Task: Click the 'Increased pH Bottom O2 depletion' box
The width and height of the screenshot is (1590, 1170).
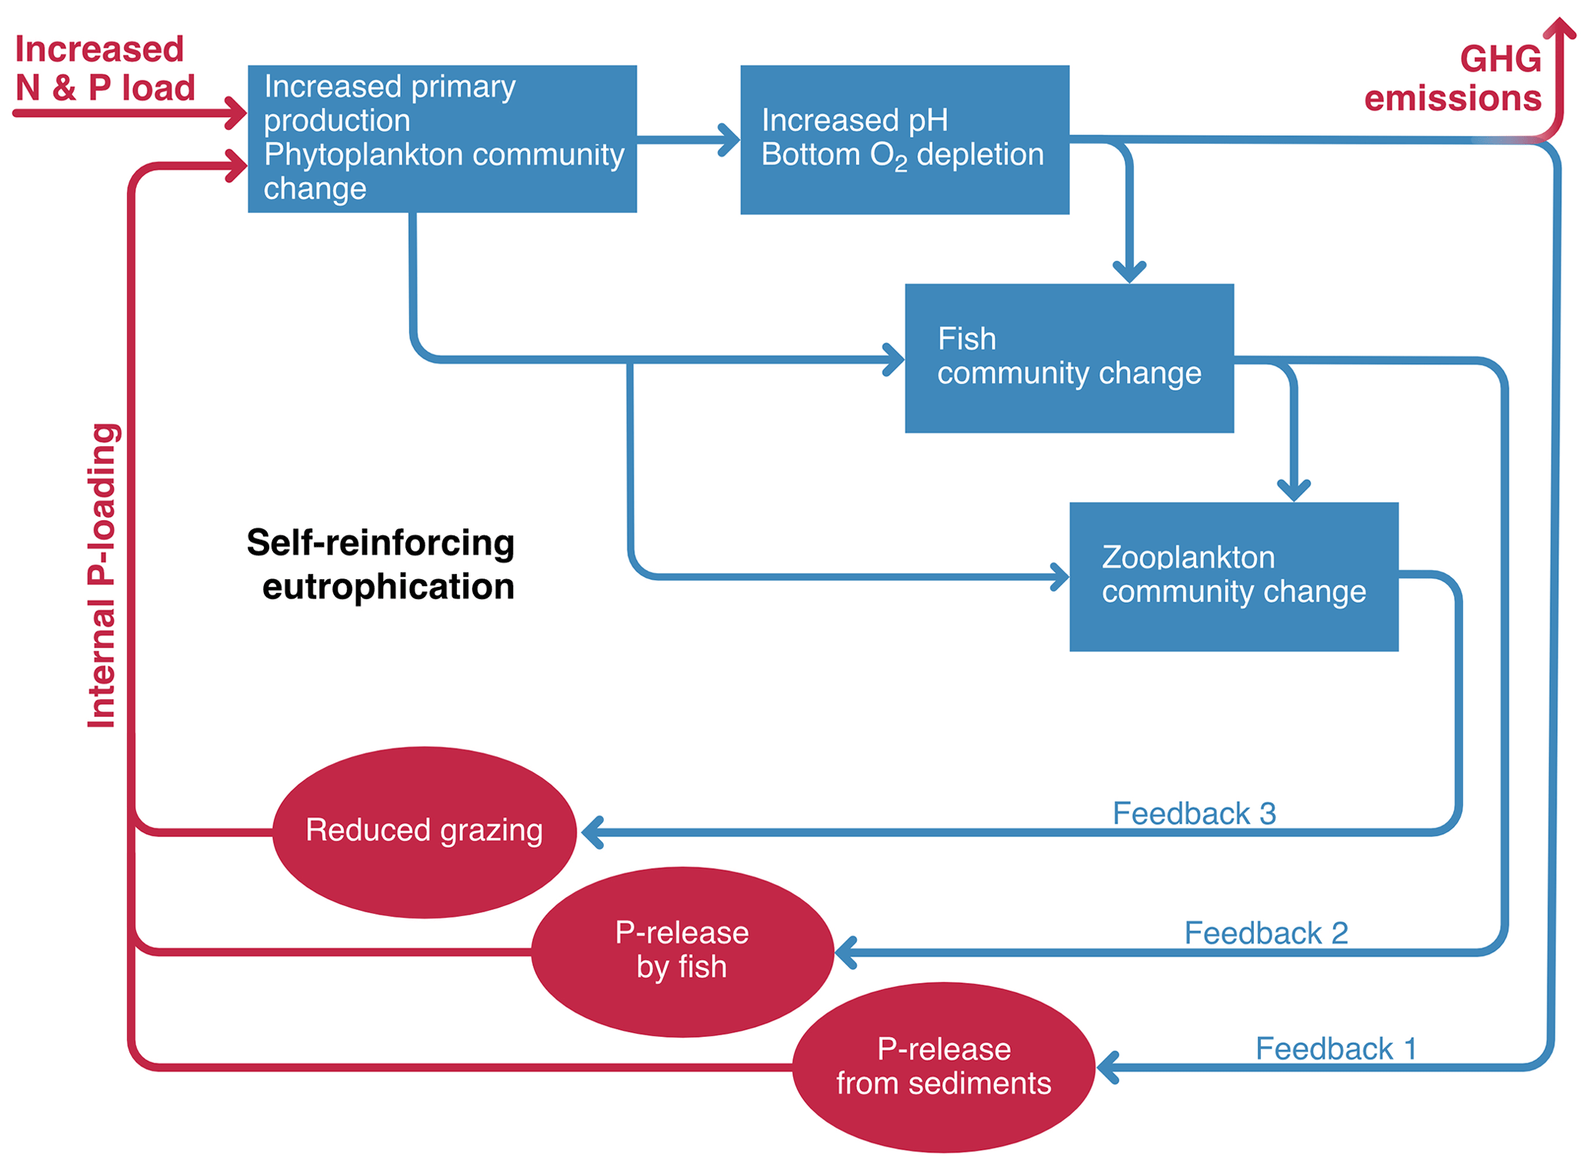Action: pos(904,139)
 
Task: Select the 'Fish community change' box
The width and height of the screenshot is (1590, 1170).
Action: pos(1068,358)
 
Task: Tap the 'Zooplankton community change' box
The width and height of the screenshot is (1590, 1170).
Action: pos(1233,576)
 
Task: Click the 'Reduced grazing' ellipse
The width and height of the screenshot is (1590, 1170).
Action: pos(424,832)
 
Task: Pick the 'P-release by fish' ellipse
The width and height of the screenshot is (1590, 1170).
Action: pos(682,951)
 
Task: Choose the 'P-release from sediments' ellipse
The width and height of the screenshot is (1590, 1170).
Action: pos(943,1067)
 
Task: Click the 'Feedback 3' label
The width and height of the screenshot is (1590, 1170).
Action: pos(1194,813)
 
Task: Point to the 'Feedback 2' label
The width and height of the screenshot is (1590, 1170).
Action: pos(1265,933)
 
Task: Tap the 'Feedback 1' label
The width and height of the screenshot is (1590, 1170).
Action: pos(1335,1048)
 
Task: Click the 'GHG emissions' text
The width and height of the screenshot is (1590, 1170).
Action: pos(1454,79)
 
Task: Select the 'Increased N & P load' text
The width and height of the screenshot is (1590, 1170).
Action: pos(104,68)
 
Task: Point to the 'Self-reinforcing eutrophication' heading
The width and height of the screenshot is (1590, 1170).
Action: pos(382,565)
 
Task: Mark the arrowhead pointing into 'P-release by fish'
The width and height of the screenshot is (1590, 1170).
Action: pos(845,952)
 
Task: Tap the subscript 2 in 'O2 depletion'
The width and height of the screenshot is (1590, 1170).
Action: pos(900,165)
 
